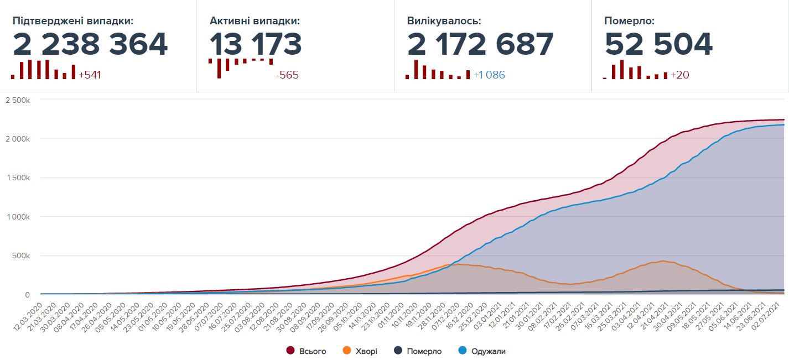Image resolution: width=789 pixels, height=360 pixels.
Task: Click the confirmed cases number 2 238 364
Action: pyautogui.click(x=90, y=44)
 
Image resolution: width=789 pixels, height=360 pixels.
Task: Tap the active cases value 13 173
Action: pyautogui.click(x=256, y=44)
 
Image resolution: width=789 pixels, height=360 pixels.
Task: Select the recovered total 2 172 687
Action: pyautogui.click(x=480, y=44)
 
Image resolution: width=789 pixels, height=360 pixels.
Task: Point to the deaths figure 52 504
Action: pyautogui.click(x=658, y=44)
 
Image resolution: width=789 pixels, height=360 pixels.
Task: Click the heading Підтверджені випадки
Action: pyautogui.click(x=73, y=22)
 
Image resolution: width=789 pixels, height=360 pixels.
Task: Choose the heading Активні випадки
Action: pyautogui.click(x=255, y=22)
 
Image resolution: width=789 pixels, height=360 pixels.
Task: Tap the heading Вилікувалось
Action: pyautogui.click(x=444, y=22)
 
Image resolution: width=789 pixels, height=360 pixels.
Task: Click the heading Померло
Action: pyautogui.click(x=629, y=22)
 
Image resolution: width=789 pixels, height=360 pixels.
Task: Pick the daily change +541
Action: pyautogui.click(x=90, y=75)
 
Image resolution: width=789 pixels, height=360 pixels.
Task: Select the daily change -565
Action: pyautogui.click(x=287, y=75)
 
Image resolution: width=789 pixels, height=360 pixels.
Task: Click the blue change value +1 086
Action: pyautogui.click(x=489, y=75)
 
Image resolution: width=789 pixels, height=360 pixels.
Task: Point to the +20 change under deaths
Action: pyautogui.click(x=679, y=75)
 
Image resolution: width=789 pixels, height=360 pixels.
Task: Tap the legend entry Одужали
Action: pyautogui.click(x=487, y=351)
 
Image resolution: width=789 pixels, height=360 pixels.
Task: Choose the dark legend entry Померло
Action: pyautogui.click(x=424, y=351)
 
